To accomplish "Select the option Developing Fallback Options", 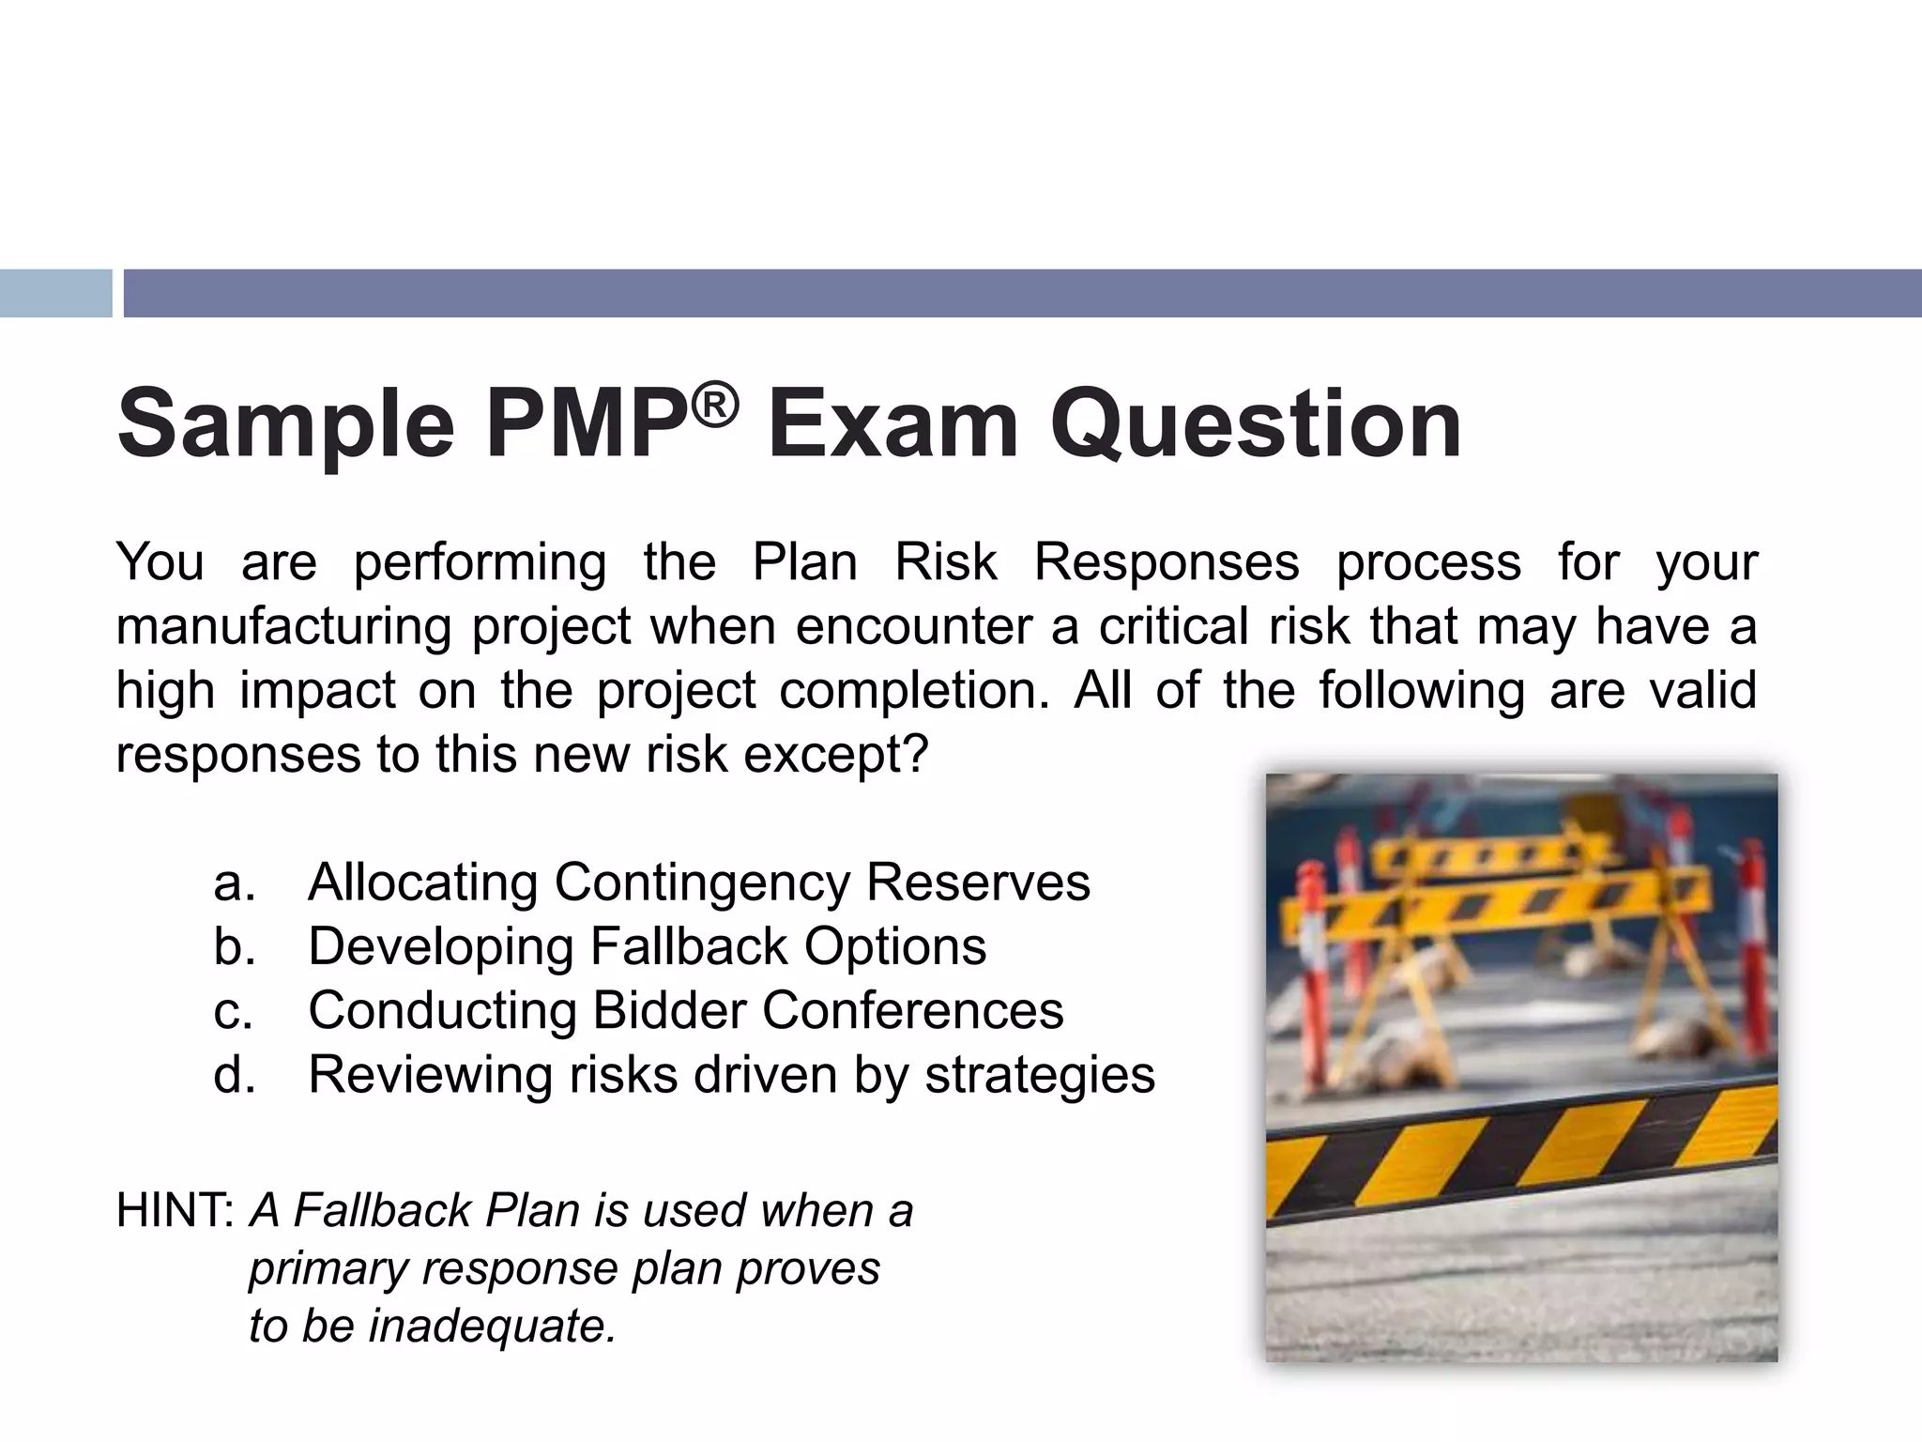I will [647, 946].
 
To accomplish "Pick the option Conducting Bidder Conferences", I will [685, 1010].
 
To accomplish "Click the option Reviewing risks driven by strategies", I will [731, 1074].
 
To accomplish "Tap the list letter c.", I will [233, 1011].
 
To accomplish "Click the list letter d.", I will [234, 1075].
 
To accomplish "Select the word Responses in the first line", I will [1167, 562].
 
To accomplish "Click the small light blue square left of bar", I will [55, 293].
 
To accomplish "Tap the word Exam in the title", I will [892, 424].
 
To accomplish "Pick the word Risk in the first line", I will [945, 562].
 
